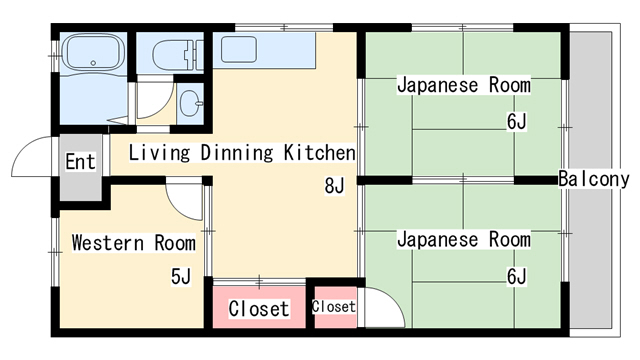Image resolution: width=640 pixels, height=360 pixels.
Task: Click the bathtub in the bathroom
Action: pyautogui.click(x=94, y=52)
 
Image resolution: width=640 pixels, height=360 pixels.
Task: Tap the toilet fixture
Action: pyautogui.click(x=178, y=54)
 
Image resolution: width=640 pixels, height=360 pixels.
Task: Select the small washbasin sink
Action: pyautogui.click(x=191, y=103)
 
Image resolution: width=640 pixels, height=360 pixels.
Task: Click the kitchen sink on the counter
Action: pyautogui.click(x=239, y=49)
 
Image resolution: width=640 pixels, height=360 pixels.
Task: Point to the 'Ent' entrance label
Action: pyautogui.click(x=80, y=162)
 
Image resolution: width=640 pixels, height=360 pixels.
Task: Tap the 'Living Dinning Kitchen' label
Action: pyautogui.click(x=242, y=153)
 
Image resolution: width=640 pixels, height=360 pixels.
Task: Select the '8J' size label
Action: pyautogui.click(x=334, y=186)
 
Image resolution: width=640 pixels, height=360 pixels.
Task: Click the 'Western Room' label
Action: pyautogui.click(x=133, y=242)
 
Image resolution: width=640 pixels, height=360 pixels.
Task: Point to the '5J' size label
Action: pyautogui.click(x=181, y=276)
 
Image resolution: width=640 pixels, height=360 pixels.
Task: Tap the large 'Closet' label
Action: pyautogui.click(x=259, y=309)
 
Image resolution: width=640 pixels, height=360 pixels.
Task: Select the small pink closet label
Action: pyautogui.click(x=333, y=307)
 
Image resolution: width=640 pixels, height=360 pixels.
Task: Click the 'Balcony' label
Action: pyautogui.click(x=594, y=179)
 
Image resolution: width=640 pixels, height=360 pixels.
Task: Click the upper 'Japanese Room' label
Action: pyautogui.click(x=464, y=85)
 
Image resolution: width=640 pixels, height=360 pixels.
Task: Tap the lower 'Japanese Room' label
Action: pyautogui.click(x=464, y=239)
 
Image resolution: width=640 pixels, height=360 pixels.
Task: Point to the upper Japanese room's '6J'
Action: pyautogui.click(x=517, y=121)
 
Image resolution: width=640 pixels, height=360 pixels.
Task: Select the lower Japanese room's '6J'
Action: pyautogui.click(x=517, y=276)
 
